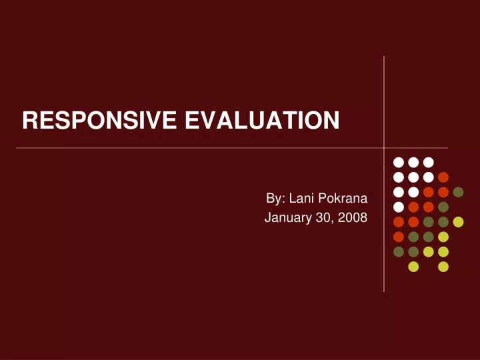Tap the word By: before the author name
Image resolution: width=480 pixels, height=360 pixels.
coord(276,198)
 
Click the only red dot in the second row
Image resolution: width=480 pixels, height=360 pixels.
coord(443,177)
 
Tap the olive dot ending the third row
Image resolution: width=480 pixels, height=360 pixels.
coord(458,192)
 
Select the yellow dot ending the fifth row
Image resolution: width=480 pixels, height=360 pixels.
coord(458,222)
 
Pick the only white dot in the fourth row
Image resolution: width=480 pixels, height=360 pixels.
coord(399,207)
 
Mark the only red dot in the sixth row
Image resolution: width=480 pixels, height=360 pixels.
coord(399,237)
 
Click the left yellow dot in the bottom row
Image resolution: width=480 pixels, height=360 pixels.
coord(413,267)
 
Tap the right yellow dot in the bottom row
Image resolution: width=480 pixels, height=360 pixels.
coord(443,267)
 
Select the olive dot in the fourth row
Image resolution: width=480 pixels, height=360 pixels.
coord(443,207)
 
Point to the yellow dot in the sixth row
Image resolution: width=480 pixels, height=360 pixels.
coord(443,237)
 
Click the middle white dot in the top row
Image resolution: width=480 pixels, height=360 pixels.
coord(413,162)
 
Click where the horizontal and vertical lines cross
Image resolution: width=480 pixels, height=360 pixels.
coord(384,147)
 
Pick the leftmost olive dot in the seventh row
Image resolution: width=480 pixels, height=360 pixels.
coord(399,251)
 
